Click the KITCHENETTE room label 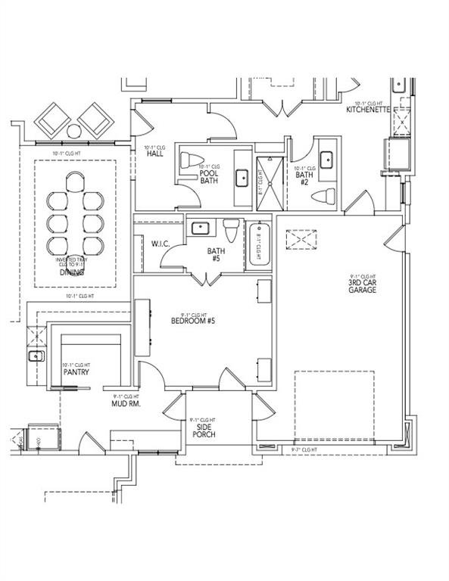(x=367, y=110)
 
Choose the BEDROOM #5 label (x=193, y=321)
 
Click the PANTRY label (x=76, y=371)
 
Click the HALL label (x=156, y=153)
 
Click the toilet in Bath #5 (x=231, y=229)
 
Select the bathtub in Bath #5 (x=261, y=244)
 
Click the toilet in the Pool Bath (x=189, y=160)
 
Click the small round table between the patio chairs (x=73, y=131)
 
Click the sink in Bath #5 (x=201, y=228)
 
